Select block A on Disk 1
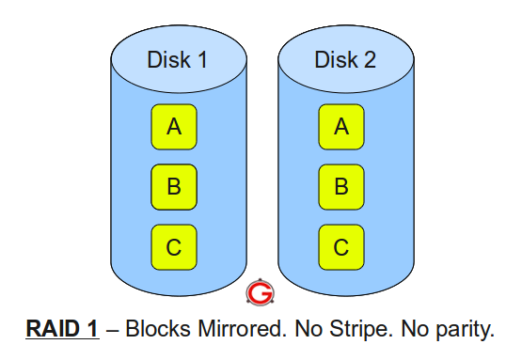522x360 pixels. [x=174, y=127]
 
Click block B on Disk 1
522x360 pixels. [x=174, y=187]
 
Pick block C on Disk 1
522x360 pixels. [x=174, y=247]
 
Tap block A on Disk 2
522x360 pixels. [x=341, y=127]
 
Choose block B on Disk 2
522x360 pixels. [x=341, y=187]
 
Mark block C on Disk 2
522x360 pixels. [x=341, y=247]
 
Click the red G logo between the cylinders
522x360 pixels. [x=259, y=293]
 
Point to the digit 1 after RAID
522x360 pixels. [x=92, y=330]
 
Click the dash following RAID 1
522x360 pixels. [x=111, y=330]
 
